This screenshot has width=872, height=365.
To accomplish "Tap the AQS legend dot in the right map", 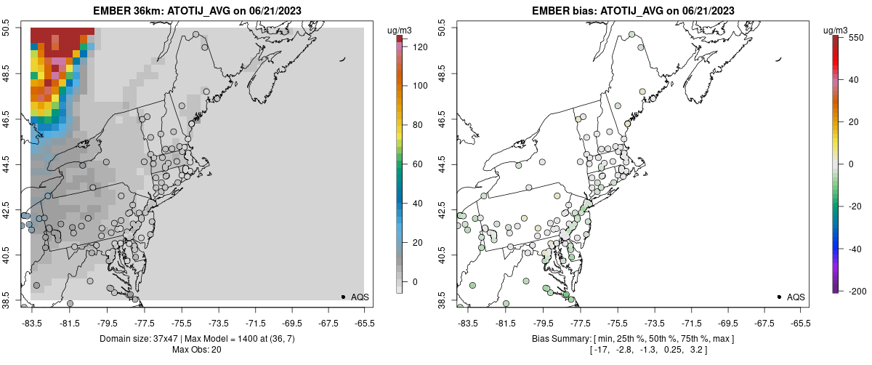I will pyautogui.click(x=779, y=297).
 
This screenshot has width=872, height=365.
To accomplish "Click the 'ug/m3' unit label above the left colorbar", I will pyautogui.click(x=400, y=30).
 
